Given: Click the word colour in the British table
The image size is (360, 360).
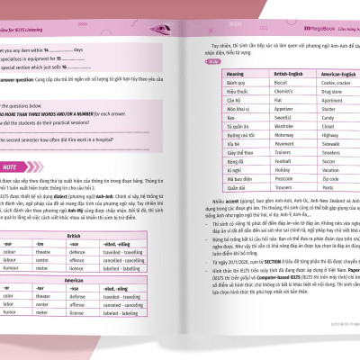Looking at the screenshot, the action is point(20,251).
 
